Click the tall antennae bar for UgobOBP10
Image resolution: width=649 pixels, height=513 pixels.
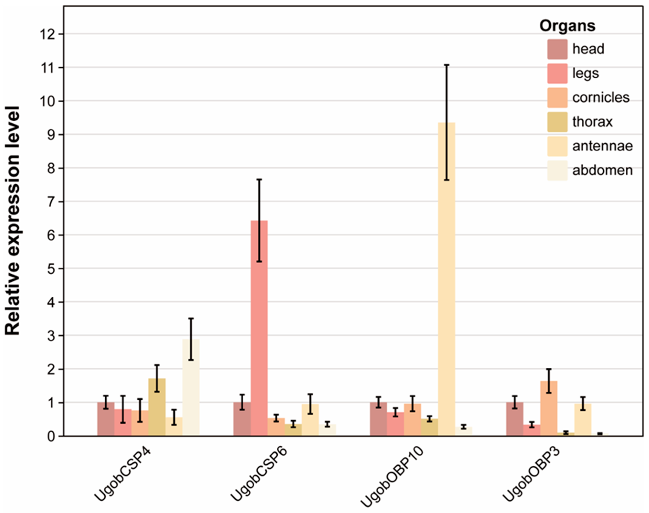click(x=447, y=279)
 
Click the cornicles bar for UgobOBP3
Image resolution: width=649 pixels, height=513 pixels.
click(x=549, y=408)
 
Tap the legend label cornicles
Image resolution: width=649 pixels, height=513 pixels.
click(x=601, y=98)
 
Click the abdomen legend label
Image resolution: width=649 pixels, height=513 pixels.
click(x=602, y=171)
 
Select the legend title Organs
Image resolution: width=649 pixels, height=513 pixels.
click(x=567, y=26)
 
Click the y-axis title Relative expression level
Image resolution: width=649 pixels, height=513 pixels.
click(x=13, y=221)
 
